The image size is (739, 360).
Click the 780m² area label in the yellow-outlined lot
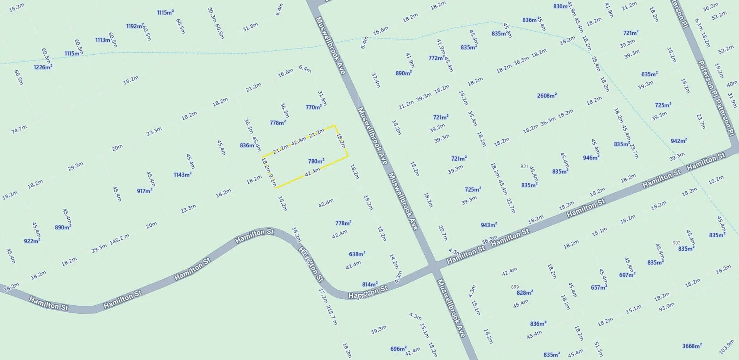pos(316,161)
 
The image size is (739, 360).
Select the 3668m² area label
pos(692,346)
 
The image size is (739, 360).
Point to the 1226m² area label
pos(43,67)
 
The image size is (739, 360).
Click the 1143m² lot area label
pos(182,175)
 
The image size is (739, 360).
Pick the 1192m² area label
pos(135,26)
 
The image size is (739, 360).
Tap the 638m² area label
pos(357,254)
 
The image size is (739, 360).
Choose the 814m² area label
pos(370,285)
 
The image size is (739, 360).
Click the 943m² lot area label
pos(489,225)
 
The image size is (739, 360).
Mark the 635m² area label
pos(649,74)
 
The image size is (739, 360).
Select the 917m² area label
pos(145,191)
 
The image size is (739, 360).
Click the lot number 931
pos(524,166)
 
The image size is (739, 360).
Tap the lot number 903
pos(677,243)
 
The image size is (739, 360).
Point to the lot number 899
pos(515,287)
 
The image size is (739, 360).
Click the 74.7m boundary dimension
pos(19,129)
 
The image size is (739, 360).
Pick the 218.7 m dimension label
pos(331,315)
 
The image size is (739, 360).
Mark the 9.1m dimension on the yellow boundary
pos(273,181)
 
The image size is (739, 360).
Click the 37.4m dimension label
pos(376,80)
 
